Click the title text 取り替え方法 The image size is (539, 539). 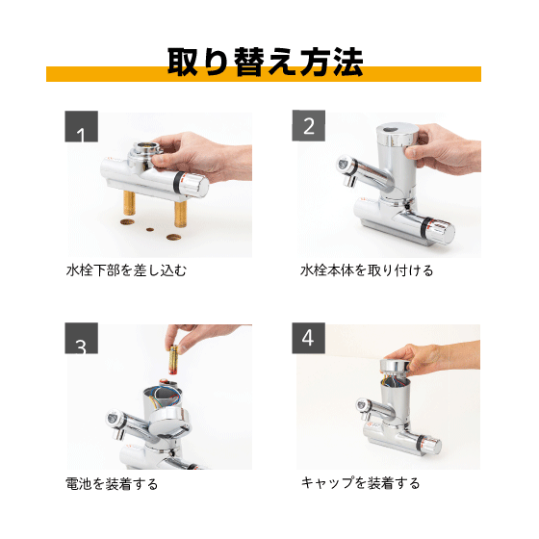pos(265,63)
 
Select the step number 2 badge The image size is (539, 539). pos(309,126)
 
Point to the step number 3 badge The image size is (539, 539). pos(82,339)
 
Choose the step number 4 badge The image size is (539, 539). pos(309,339)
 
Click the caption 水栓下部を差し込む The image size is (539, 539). pos(126,270)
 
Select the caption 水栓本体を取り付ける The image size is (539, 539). pos(367,270)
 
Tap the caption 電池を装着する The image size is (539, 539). pos(112,483)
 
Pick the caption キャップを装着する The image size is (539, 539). pos(360,483)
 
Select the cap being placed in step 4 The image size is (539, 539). pos(394,367)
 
